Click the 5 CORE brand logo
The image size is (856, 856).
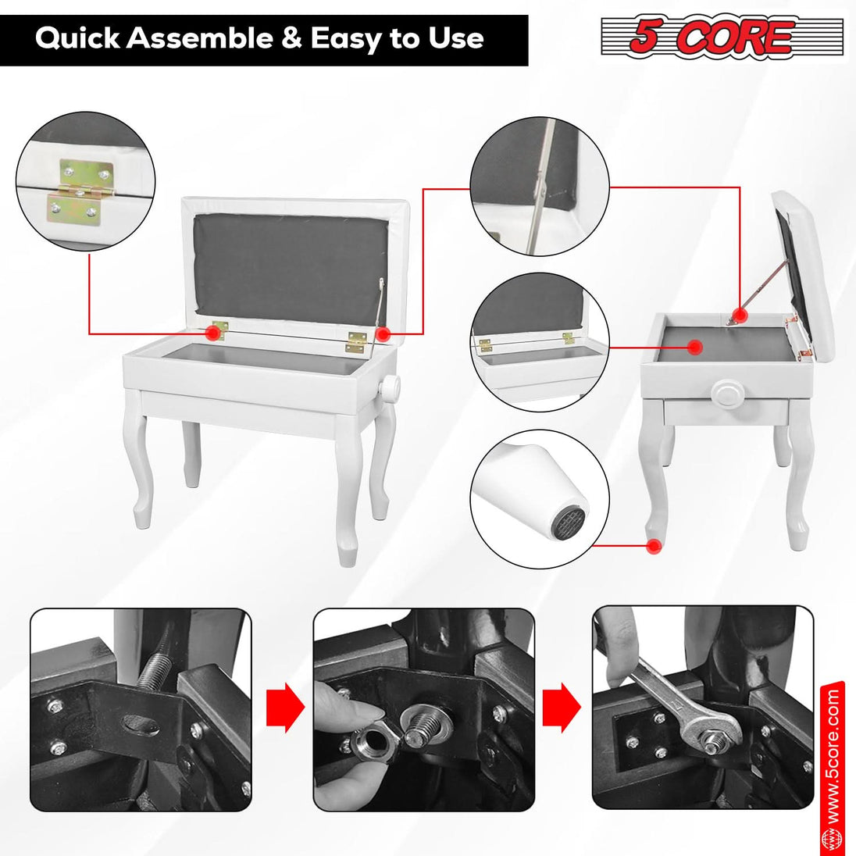tap(722, 37)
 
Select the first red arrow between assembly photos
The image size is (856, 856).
tap(284, 708)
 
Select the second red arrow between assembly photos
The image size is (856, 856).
tap(562, 708)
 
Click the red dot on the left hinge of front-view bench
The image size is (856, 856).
tap(212, 333)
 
